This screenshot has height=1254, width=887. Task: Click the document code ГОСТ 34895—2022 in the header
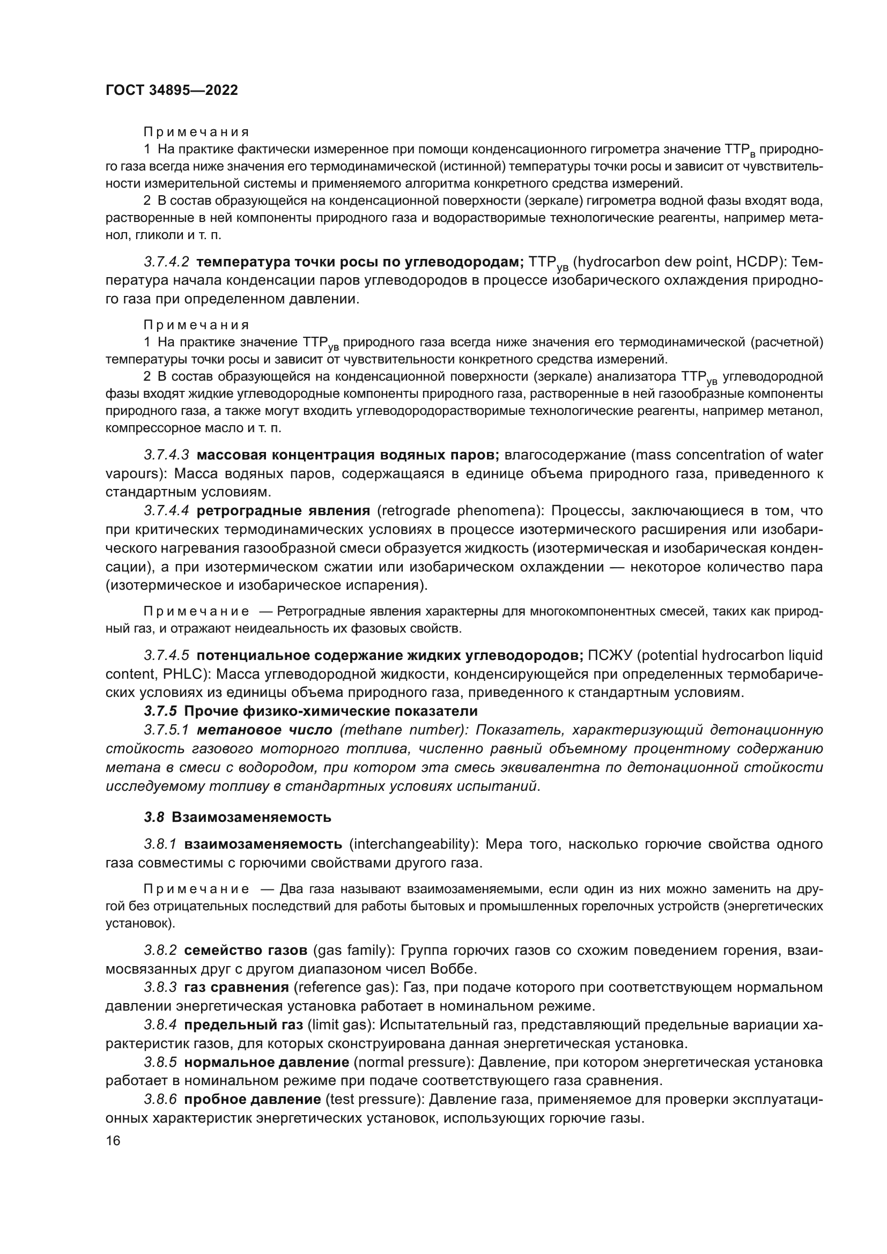[172, 91]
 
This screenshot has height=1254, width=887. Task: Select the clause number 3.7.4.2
[167, 262]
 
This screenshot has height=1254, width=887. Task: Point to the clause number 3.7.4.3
[167, 455]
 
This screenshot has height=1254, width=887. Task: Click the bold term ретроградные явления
[283, 511]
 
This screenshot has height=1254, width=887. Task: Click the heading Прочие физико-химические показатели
[331, 711]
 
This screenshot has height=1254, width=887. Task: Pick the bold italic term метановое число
[264, 730]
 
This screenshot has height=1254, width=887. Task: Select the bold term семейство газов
[246, 951]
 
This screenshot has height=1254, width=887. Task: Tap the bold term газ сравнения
[236, 988]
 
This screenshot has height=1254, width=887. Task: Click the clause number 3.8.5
[160, 1062]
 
